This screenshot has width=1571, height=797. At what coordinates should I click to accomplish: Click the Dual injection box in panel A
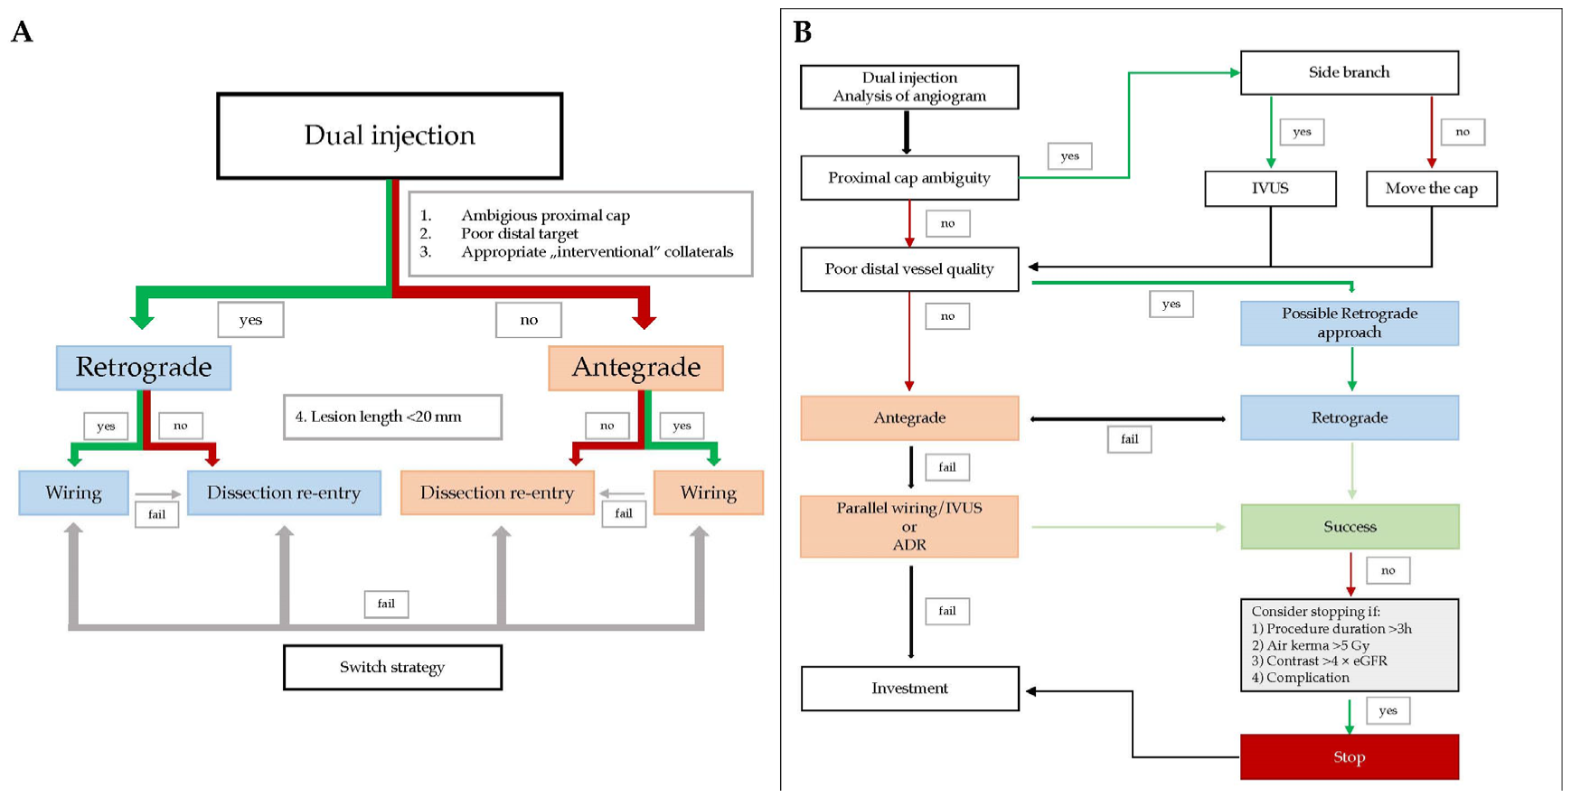coord(390,136)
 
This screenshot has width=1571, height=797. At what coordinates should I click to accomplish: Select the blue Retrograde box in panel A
coord(144,368)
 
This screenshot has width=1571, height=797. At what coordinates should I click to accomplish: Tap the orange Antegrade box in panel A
coord(635,368)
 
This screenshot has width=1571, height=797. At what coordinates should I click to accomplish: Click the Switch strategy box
coord(392,668)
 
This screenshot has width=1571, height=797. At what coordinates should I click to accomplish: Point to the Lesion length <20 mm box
coord(392,417)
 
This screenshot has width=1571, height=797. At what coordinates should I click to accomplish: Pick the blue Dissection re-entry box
coord(284,492)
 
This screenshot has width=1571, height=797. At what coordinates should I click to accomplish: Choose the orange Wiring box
coord(708,492)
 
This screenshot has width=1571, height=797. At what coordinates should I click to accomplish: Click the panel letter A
coord(22,33)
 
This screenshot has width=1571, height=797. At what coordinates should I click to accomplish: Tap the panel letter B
coord(803,33)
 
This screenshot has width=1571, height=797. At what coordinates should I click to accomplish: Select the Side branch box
coord(1349,72)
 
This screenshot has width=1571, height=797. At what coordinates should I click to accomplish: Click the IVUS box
coord(1270,188)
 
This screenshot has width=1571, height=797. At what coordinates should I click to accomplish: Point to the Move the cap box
coord(1431,188)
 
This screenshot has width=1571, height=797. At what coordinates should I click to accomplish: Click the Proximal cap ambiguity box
coord(909,178)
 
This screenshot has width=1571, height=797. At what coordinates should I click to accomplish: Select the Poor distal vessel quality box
coord(909,269)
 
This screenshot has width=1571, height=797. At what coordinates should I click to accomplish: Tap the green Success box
coord(1350,527)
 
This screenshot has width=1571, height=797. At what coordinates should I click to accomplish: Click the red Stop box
coord(1350,757)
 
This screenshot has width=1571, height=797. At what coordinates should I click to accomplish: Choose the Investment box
coord(909,689)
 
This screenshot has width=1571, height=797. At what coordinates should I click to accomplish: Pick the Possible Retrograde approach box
coord(1350,323)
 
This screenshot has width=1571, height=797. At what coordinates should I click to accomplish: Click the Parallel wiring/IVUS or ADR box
coord(909,526)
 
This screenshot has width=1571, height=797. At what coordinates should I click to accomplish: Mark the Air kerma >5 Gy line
coord(1310,645)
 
